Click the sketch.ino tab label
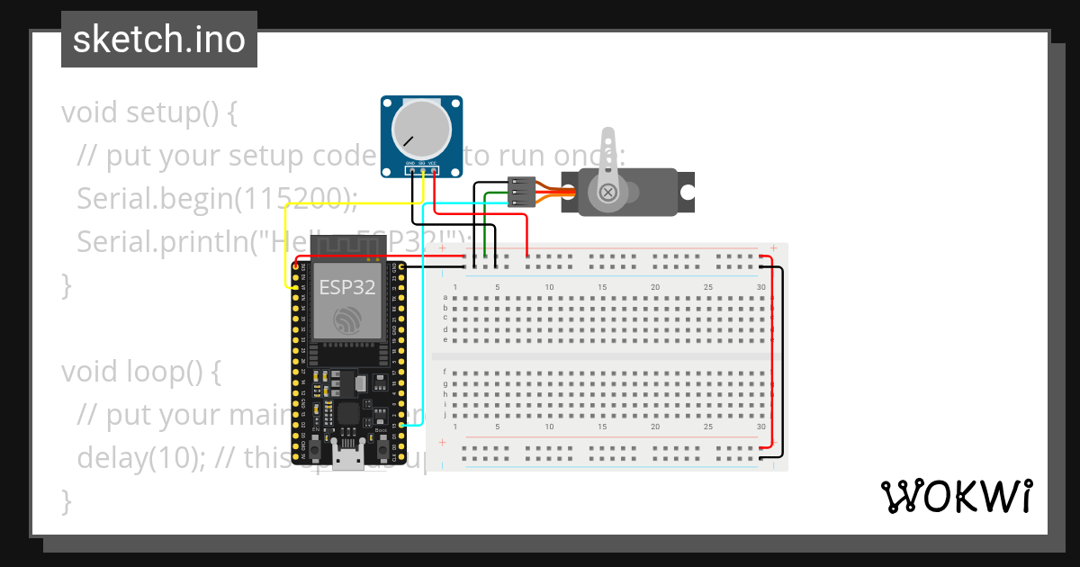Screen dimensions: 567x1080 pos(158,40)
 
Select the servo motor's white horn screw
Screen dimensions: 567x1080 pos(609,192)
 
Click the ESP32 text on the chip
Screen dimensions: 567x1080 pos(346,287)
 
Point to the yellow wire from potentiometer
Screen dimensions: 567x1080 pos(286,243)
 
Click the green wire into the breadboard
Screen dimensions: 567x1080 pos(486,225)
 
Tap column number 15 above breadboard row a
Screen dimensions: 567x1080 pos(602,287)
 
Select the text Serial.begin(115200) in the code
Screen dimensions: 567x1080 pos(216,199)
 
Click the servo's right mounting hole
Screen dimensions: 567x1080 pos(687,193)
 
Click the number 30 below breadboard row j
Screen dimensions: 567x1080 pos(761,427)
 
